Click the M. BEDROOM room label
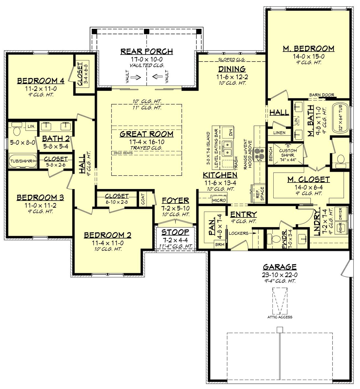click(308, 49)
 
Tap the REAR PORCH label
click(146, 52)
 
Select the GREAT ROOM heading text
click(146, 134)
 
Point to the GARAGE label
click(279, 267)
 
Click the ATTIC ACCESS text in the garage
click(280, 317)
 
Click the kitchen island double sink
click(227, 148)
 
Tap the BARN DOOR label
click(322, 95)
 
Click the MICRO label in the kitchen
click(219, 200)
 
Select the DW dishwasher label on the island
click(231, 133)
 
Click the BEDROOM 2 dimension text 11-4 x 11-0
click(107, 243)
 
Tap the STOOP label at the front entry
click(175, 232)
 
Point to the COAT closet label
click(143, 199)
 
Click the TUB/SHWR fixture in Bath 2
click(22, 161)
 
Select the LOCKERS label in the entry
click(238, 233)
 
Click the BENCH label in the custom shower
click(271, 154)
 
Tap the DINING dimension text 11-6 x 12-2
click(232, 77)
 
